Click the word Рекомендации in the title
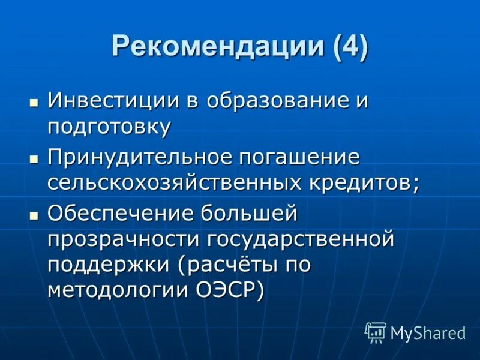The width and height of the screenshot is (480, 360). pyautogui.click(x=211, y=47)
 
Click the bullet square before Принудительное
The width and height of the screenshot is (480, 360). pyautogui.click(x=34, y=159)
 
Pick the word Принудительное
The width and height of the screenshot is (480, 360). pyautogui.click(x=139, y=157)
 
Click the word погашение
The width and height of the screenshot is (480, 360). pyautogui.click(x=300, y=157)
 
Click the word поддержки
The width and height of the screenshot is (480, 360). pyautogui.click(x=103, y=266)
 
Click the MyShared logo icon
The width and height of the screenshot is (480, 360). pyautogui.click(x=376, y=331)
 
